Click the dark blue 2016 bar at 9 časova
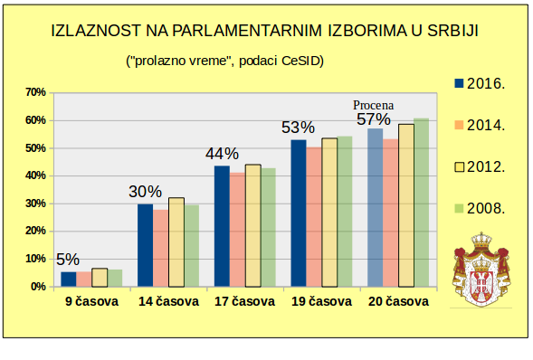[x=68, y=279]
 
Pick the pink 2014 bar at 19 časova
[x=313, y=217]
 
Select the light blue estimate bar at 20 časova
[x=375, y=207]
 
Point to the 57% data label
[x=374, y=119]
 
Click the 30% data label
[x=145, y=192]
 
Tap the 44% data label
[x=222, y=153]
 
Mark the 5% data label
[x=68, y=259]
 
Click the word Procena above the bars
[x=374, y=104]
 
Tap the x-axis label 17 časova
[x=244, y=302]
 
